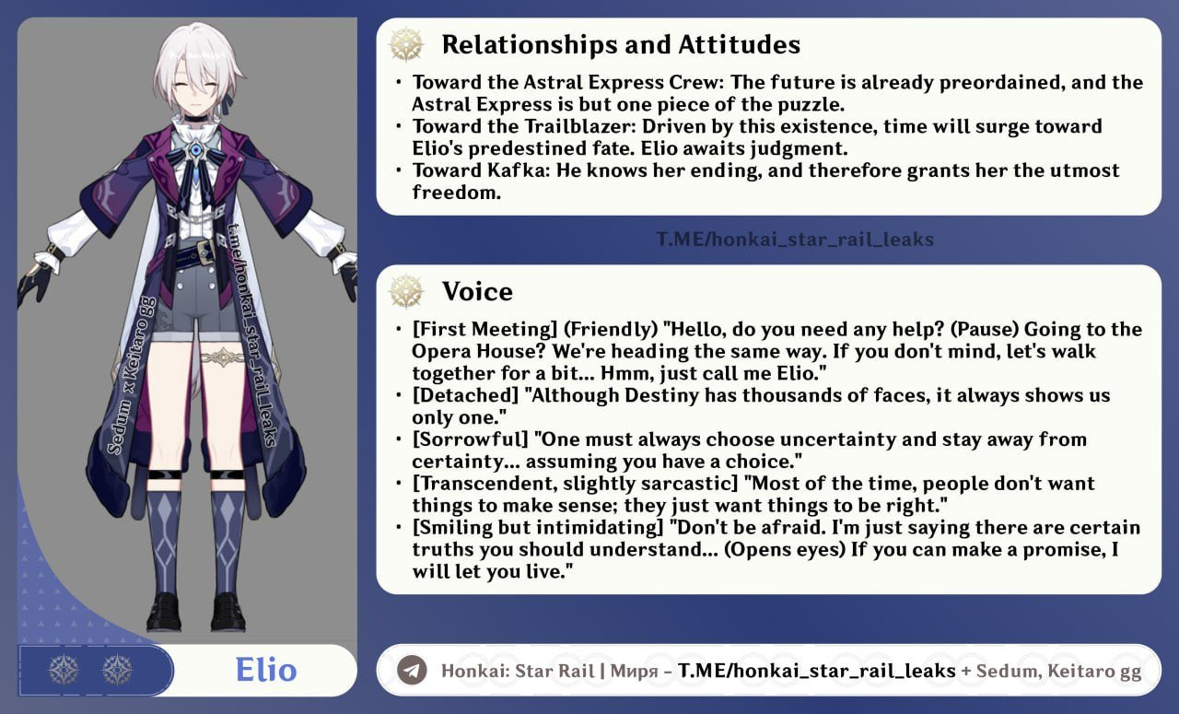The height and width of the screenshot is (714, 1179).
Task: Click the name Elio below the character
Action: [x=266, y=670]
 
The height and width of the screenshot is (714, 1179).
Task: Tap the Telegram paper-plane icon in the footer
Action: [x=412, y=671]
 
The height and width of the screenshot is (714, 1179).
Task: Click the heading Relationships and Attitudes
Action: [x=621, y=45]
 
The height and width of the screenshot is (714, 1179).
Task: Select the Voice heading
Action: [x=477, y=291]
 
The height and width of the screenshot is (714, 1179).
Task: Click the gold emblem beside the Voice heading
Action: [x=406, y=291]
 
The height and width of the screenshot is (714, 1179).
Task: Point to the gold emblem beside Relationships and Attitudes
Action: [x=406, y=44]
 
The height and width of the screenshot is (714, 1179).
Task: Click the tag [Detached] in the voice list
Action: [x=465, y=395]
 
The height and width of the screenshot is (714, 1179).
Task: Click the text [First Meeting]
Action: [x=484, y=330]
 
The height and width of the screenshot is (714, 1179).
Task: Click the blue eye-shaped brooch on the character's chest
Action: [x=196, y=150]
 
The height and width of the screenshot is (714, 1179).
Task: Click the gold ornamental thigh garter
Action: [x=223, y=358]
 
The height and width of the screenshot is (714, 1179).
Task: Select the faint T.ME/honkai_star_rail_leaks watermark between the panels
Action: [x=795, y=240]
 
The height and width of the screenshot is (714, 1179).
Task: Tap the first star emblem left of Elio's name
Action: [x=64, y=671]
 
